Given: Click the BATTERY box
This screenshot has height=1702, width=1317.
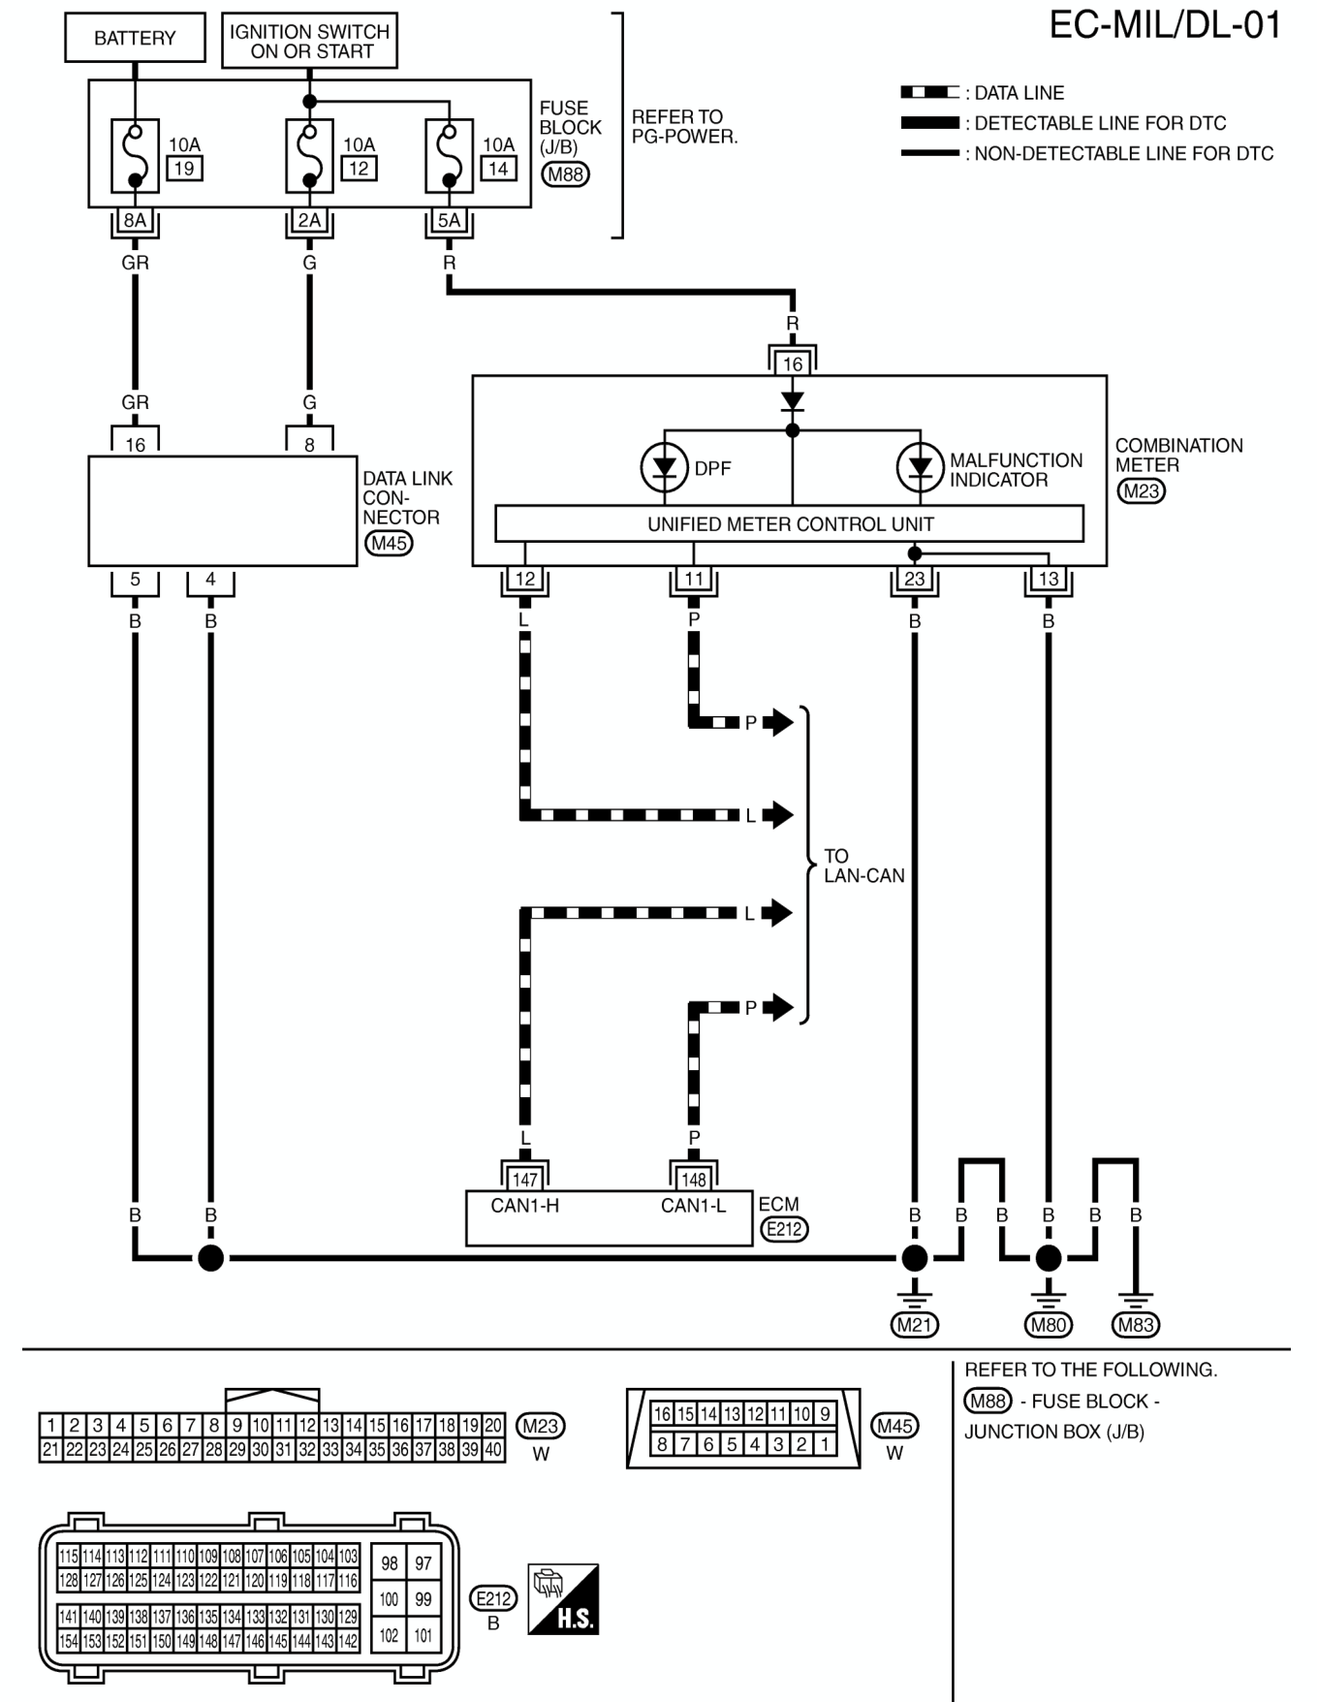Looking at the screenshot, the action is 135,38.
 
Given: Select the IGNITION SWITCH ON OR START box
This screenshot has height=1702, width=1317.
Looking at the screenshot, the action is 309,41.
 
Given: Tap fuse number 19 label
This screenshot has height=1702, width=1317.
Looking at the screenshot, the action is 183,168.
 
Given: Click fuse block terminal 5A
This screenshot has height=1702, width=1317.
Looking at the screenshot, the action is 449,221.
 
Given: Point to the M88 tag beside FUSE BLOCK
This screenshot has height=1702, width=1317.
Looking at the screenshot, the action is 566,174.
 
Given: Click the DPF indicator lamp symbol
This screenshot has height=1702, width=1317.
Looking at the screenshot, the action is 664,468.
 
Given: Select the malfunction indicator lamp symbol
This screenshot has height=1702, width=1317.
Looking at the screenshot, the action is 920,468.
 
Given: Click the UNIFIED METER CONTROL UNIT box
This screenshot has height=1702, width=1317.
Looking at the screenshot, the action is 789,523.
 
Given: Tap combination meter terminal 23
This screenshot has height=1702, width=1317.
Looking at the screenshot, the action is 914,580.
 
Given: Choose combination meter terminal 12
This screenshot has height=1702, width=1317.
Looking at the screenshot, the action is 525,580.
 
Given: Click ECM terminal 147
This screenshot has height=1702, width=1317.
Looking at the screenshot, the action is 525,1180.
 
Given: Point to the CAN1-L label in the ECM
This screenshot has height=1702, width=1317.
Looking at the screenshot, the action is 694,1206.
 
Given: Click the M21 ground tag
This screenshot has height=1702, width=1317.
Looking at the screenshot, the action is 915,1325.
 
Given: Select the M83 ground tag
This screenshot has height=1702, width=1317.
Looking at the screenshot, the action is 1136,1325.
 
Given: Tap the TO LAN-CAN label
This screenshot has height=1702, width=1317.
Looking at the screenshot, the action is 863,866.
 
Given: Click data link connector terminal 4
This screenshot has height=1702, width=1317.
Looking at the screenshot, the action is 210,580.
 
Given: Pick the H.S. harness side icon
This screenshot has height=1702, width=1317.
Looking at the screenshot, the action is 563,1599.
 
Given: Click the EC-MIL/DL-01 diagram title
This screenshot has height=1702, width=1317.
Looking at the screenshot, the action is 1166,25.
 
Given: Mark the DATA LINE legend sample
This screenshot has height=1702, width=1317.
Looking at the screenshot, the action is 929,92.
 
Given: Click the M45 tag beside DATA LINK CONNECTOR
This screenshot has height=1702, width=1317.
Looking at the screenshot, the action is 389,543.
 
